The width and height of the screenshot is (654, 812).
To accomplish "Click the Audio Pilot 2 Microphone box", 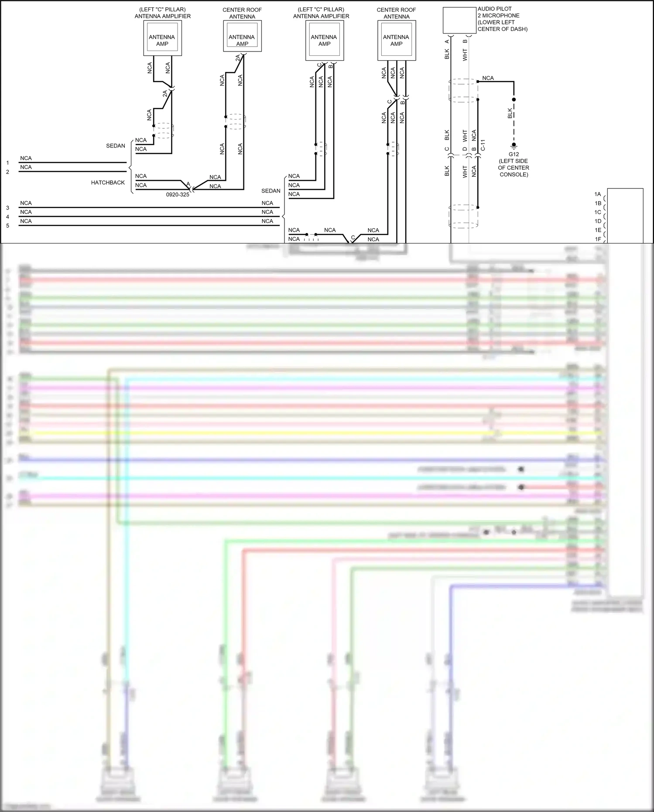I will (x=459, y=21).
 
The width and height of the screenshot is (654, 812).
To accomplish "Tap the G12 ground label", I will (x=514, y=154).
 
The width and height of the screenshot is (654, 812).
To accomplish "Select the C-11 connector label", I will (x=483, y=145).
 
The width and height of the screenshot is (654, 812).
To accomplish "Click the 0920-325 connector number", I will (x=178, y=195).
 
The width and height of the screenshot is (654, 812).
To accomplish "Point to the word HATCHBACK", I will (x=108, y=183).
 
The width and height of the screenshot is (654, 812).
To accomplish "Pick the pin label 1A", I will (x=598, y=194).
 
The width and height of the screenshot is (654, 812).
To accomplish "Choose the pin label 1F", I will (x=598, y=239).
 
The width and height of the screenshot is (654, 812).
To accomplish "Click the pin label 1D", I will (x=598, y=221).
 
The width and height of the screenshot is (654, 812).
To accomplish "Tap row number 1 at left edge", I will (x=7, y=163).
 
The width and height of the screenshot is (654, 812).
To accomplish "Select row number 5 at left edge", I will (x=7, y=226).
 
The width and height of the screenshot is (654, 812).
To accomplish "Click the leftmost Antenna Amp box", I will (x=162, y=38).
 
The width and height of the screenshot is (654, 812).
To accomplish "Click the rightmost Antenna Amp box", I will (x=396, y=41).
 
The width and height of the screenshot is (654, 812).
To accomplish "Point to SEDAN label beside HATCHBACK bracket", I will (x=116, y=146).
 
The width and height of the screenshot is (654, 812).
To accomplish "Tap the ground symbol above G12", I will (x=514, y=146).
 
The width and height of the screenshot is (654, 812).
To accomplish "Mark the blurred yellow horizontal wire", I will (x=305, y=433).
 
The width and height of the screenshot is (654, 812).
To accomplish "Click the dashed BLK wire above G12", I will (x=514, y=122).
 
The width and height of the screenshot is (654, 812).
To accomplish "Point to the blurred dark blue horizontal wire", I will (x=305, y=460).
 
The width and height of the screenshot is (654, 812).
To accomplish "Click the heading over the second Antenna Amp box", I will (x=242, y=13).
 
